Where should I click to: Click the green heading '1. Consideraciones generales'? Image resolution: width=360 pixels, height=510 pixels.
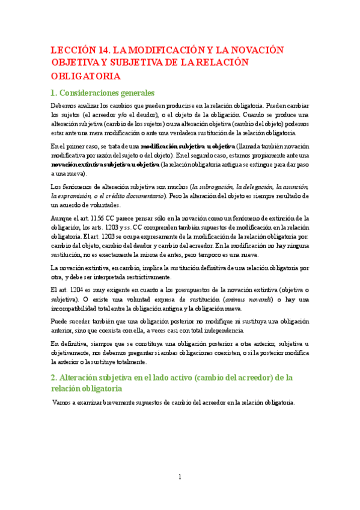tap(103, 93)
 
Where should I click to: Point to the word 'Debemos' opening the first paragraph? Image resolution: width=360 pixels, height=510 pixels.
tap(64, 105)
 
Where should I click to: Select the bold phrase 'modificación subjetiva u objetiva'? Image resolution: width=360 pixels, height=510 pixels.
tap(188, 146)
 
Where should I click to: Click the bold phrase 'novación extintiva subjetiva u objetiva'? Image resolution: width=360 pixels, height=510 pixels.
tap(105, 164)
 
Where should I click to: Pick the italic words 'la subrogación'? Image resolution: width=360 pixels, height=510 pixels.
tap(213, 186)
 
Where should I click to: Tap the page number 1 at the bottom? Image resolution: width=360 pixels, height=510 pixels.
tap(180, 478)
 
